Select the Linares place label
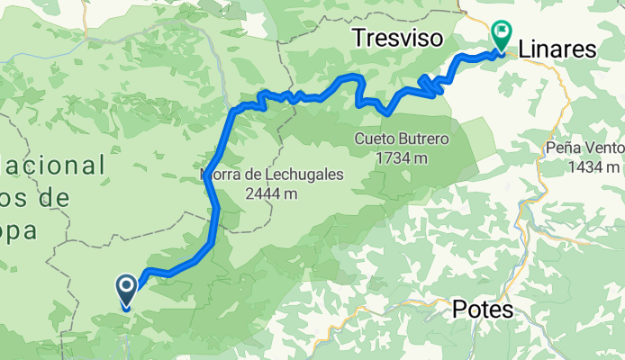(x=558, y=50)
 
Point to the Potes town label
(x=482, y=310)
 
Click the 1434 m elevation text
(x=594, y=167)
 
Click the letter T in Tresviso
(x=359, y=38)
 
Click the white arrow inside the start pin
(x=126, y=288)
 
